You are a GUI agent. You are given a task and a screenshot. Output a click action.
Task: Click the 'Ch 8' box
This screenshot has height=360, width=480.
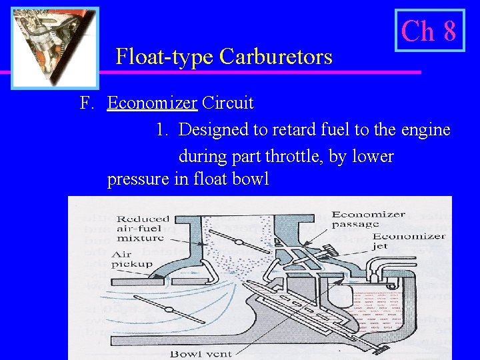(429, 31)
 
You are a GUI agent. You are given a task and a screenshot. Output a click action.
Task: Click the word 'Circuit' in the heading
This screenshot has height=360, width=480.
(227, 103)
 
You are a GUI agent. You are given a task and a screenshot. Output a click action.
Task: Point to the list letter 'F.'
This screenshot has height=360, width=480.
(86, 103)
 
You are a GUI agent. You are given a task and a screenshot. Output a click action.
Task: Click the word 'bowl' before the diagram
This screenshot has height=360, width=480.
(249, 180)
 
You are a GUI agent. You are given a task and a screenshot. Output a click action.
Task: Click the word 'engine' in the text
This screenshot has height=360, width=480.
(427, 129)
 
